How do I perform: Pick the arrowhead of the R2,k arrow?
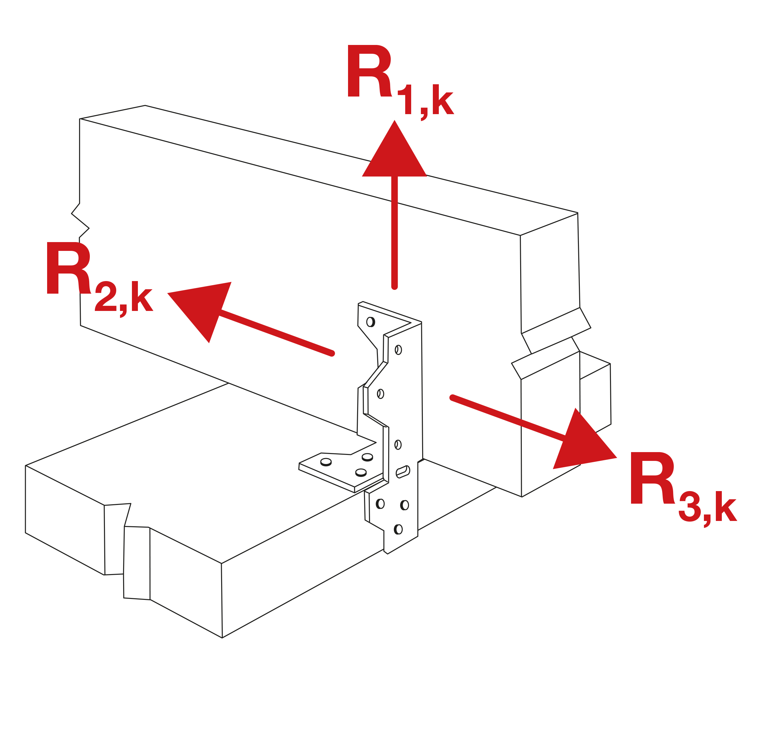pos(204,306)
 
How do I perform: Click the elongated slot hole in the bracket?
pos(403,472)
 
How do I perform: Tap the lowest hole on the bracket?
pos(398,529)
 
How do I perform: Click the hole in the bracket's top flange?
pos(370,322)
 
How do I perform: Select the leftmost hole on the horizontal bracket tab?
pos(326,462)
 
